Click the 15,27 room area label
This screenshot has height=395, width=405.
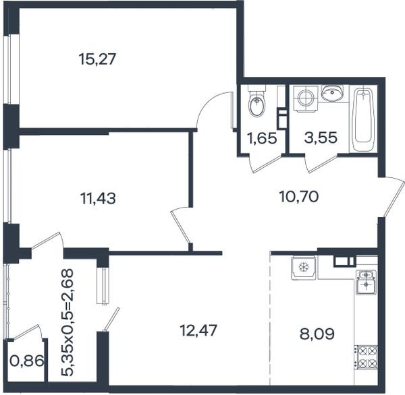click(x=97, y=59)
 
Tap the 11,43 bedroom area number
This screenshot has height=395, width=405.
click(x=98, y=199)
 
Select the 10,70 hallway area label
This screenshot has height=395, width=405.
click(x=299, y=197)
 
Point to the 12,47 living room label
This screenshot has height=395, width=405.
click(x=198, y=330)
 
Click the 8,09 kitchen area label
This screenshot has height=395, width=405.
click(x=317, y=334)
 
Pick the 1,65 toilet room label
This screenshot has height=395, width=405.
click(x=262, y=138)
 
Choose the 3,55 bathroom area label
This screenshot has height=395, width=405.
click(x=321, y=138)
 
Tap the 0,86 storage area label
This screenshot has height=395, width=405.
click(x=26, y=361)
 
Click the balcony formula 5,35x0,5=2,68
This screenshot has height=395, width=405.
click(x=67, y=322)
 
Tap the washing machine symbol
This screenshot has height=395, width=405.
click(x=306, y=98)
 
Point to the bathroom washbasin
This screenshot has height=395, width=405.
click(x=332, y=93)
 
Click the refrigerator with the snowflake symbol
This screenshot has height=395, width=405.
click(x=304, y=268)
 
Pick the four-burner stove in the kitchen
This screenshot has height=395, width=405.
click(x=365, y=358)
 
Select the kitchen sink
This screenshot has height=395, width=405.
click(x=366, y=282)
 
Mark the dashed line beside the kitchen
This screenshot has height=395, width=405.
click(x=270, y=320)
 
